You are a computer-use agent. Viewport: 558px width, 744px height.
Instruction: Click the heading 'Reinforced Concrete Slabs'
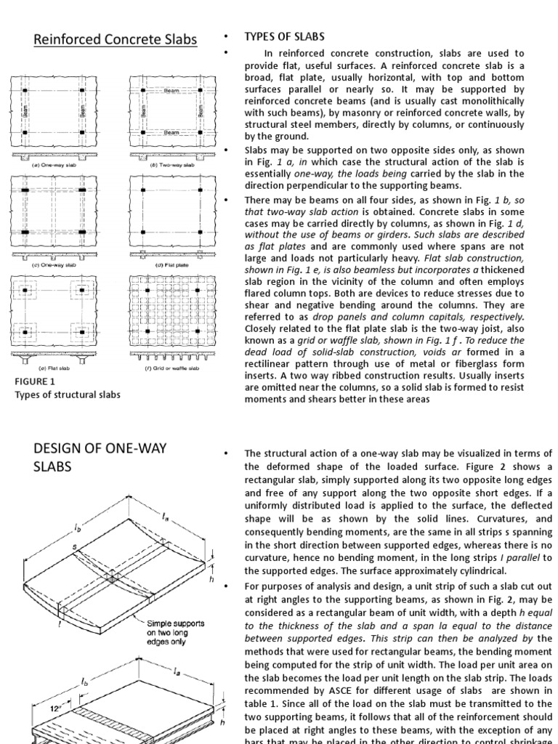[116, 39]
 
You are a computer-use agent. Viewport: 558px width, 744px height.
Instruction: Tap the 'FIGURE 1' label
[35, 381]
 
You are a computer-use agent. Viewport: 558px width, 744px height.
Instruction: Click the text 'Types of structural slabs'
[68, 395]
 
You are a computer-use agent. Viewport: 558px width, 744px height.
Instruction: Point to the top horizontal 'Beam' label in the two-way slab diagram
[171, 91]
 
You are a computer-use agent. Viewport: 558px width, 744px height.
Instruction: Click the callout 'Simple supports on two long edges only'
[177, 632]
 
